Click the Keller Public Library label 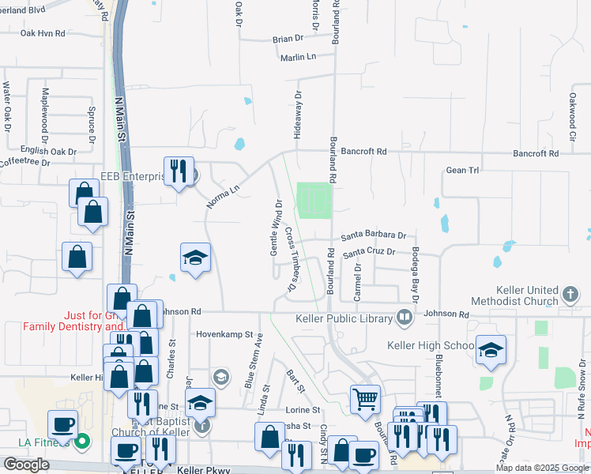pyautogui.click(x=344, y=318)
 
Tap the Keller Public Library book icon pyautogui.click(x=405, y=318)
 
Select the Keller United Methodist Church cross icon pyautogui.click(x=570, y=296)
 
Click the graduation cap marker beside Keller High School pyautogui.click(x=491, y=350)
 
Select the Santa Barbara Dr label pyautogui.click(x=373, y=235)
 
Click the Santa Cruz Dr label pyautogui.click(x=368, y=251)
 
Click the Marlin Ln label pyautogui.click(x=297, y=57)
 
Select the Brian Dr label pyautogui.click(x=288, y=38)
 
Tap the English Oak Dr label pyautogui.click(x=48, y=151)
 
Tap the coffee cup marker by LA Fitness pyautogui.click(x=63, y=424)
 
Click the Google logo pyautogui.click(x=26, y=465)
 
